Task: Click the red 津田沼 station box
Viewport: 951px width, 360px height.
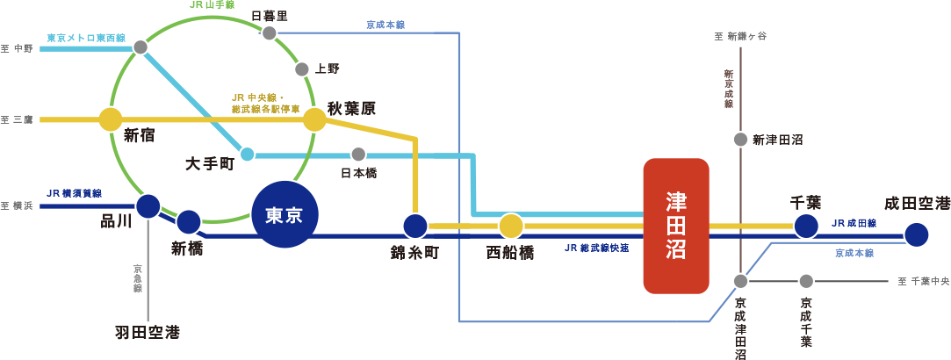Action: point(675,226)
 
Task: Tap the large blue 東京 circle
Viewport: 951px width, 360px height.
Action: point(285,215)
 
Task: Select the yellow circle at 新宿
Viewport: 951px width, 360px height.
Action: point(111,119)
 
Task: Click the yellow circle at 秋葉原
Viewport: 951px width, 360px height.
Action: point(314,119)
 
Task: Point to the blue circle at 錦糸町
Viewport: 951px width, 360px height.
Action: point(414,227)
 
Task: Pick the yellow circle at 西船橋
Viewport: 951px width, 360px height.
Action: point(510,227)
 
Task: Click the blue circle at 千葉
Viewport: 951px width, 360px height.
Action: point(806,226)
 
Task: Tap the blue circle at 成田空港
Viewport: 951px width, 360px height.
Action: point(916,234)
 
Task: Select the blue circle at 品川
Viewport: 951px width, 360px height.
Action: point(148,206)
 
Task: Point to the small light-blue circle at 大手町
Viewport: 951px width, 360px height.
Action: point(248,155)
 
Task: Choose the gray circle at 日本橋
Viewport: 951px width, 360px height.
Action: point(358,155)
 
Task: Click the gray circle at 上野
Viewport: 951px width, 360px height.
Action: point(302,68)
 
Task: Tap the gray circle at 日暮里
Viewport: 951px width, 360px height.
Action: point(270,33)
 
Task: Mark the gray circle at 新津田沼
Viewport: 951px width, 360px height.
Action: point(741,140)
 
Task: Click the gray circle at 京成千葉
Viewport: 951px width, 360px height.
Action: point(806,281)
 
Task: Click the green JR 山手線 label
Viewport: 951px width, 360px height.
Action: point(213,5)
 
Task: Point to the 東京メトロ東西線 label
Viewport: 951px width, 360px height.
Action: point(86,39)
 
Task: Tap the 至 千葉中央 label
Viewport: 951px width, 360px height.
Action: point(924,282)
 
